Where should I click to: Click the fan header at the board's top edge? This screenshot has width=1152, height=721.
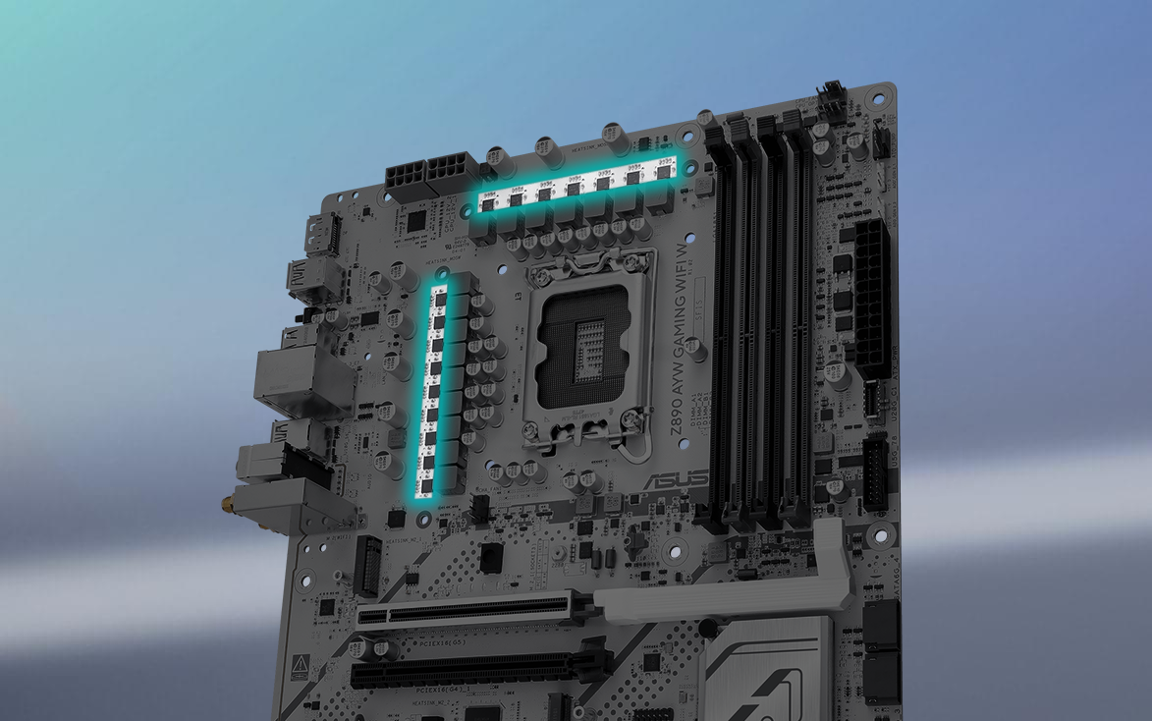(x=832, y=100)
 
